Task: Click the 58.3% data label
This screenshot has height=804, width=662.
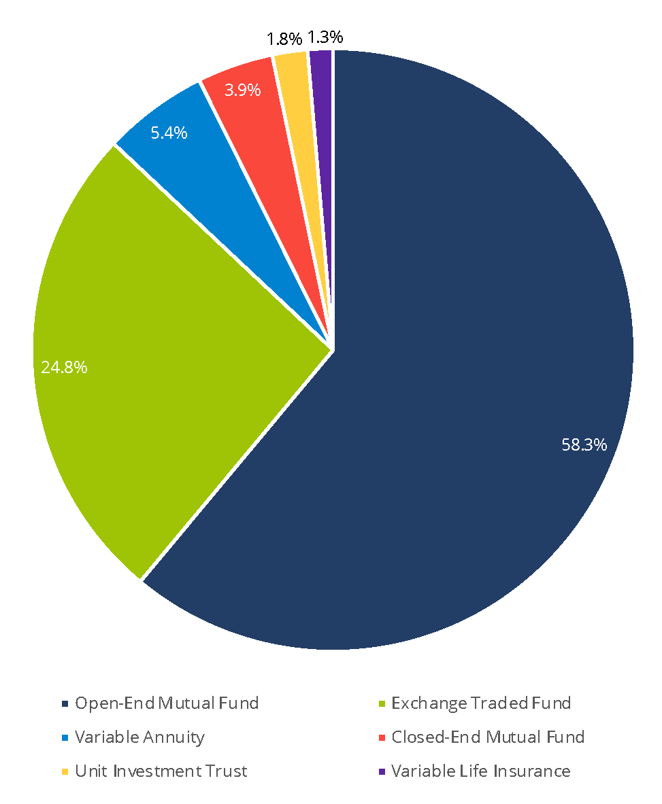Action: [584, 445]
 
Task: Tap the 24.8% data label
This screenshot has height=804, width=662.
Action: [64, 368]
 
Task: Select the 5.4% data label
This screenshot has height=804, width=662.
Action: [169, 133]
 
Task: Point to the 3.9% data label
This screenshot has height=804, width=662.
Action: [243, 90]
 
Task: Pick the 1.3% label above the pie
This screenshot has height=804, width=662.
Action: [325, 36]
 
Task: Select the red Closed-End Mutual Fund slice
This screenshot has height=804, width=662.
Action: [259, 136]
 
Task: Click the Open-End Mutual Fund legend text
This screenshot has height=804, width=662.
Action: [167, 703]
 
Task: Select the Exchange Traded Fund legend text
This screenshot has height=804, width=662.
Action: [481, 703]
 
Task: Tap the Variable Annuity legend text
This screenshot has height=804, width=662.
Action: [139, 737]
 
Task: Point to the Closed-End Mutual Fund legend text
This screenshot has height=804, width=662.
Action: [488, 737]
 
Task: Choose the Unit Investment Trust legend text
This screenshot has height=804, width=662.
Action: [161, 771]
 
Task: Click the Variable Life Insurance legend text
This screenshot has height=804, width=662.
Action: [480, 771]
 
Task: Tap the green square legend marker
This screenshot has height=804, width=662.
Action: [381, 703]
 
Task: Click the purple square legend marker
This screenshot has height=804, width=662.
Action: [381, 771]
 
